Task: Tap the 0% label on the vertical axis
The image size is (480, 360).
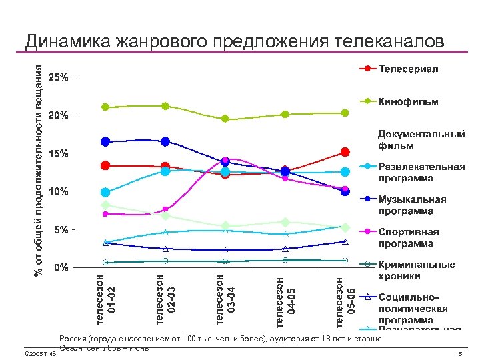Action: tap(61, 268)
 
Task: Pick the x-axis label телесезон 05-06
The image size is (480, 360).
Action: tap(345, 298)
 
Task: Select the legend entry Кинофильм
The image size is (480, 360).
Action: tap(408, 102)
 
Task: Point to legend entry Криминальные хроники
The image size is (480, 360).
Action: tap(416, 270)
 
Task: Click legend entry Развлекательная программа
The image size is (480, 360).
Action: tap(421, 172)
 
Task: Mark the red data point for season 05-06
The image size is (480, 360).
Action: tap(345, 153)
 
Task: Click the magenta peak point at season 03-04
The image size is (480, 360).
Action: tap(225, 160)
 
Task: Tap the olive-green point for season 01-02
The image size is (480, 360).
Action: tap(105, 107)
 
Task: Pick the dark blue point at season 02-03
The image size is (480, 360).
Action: tap(165, 141)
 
